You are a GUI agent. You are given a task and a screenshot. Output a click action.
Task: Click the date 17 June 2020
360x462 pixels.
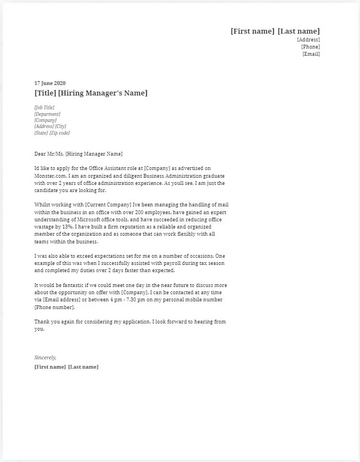coord(50,83)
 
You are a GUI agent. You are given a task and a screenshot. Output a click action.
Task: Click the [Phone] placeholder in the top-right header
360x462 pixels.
coord(310,47)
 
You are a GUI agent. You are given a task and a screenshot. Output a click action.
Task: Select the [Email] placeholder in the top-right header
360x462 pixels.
coord(311,54)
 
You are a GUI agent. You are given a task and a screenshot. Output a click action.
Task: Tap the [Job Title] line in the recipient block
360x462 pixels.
coord(44,108)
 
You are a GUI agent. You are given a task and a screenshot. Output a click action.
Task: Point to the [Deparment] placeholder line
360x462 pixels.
coord(47,114)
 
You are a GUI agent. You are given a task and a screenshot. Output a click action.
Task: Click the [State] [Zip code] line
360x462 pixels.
coord(52,133)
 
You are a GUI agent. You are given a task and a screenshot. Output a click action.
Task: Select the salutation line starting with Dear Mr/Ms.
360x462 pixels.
coord(78,154)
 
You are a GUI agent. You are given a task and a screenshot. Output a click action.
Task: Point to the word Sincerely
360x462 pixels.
coord(45,358)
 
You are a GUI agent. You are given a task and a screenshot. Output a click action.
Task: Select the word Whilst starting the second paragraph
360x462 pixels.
coord(42,204)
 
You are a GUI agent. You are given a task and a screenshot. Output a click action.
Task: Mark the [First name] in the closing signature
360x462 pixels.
coord(50,367)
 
